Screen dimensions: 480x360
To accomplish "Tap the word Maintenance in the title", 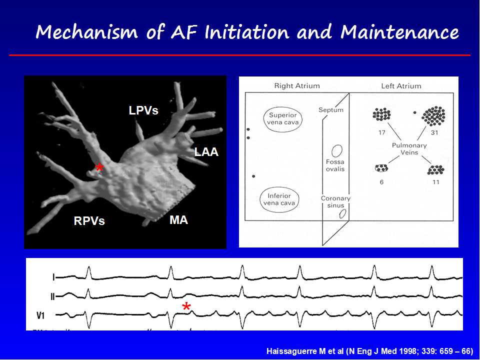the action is [399, 32].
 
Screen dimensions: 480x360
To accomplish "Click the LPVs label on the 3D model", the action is [143, 110].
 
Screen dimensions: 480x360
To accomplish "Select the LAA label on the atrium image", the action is [206, 152].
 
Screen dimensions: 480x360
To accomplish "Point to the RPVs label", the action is [89, 220].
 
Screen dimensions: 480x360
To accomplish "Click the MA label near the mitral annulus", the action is [179, 220].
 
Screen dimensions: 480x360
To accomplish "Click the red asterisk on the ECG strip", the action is [186, 306].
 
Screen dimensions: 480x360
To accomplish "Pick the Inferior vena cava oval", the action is [279, 199].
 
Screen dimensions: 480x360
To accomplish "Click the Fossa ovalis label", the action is [335, 165].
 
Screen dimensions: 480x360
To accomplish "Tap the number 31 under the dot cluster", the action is [434, 132].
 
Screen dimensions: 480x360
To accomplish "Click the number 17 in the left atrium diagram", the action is [381, 132].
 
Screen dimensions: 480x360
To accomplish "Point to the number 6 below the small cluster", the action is [381, 182].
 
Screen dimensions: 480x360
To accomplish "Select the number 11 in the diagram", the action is [435, 182].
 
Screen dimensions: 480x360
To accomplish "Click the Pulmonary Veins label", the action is [409, 149].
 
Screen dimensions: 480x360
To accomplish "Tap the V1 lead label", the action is [40, 315].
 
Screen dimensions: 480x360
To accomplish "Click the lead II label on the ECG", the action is [52, 296].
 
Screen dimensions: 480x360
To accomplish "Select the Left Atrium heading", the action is [401, 86].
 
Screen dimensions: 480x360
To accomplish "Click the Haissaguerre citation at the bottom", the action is [370, 351].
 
